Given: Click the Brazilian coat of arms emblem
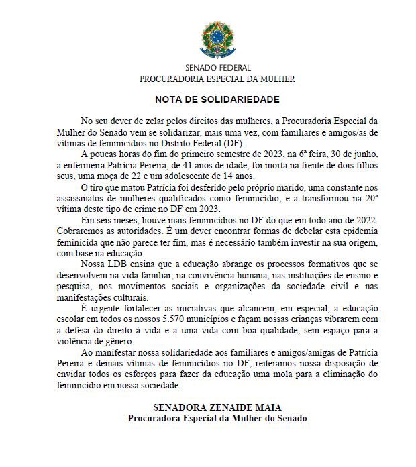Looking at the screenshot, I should click(217, 40).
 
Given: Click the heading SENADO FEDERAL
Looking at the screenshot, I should click(217, 68).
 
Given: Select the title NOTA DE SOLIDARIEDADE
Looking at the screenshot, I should click(217, 99).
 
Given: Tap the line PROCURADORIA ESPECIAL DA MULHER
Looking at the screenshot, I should click(217, 79).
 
